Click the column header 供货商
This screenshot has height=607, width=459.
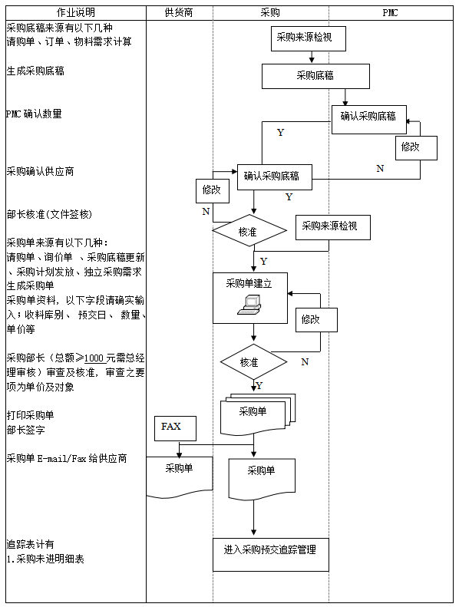click(180, 13)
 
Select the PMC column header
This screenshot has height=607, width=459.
click(390, 13)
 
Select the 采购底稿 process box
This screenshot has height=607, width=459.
click(315, 75)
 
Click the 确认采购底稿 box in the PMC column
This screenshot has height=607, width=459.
click(368, 117)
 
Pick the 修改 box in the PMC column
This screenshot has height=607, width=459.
click(410, 147)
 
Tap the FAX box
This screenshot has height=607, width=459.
click(175, 427)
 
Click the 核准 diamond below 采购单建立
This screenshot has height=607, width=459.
click(249, 361)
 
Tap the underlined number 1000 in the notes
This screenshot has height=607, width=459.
click(94, 358)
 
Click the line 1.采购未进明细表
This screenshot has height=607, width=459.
click(45, 559)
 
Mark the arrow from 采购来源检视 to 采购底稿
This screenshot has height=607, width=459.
click(310, 56)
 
